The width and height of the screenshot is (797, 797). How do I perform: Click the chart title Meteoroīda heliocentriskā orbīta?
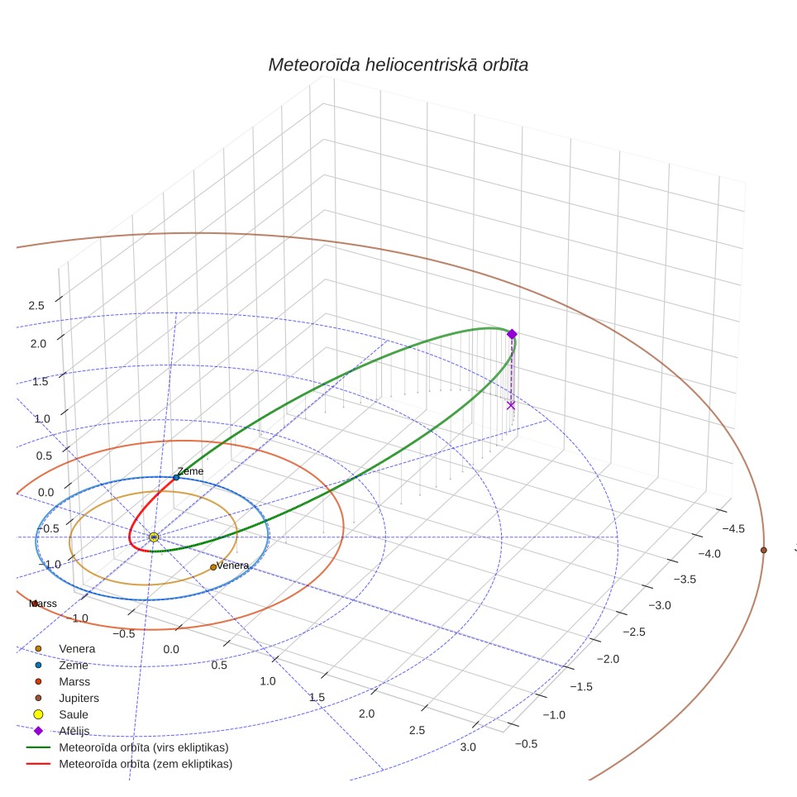(x=398, y=65)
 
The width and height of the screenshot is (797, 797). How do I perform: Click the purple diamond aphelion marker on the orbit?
(x=512, y=334)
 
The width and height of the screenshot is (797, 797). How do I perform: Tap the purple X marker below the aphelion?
(x=511, y=405)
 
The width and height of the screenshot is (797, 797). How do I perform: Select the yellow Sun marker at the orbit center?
(x=154, y=537)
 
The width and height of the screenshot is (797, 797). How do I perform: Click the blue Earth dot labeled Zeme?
(x=176, y=477)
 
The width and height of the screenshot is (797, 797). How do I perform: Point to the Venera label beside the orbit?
(x=232, y=566)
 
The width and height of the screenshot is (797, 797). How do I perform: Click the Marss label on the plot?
(x=43, y=604)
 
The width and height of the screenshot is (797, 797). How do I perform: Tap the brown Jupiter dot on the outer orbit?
(x=763, y=550)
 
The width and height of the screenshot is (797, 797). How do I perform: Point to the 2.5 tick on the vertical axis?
(x=36, y=305)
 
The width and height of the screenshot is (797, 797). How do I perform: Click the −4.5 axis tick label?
(x=733, y=528)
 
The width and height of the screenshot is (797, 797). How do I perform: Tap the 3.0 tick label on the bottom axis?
(x=468, y=747)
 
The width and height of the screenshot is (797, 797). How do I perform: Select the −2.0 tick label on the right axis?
(x=608, y=659)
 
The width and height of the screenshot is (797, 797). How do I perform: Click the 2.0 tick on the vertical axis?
(x=38, y=344)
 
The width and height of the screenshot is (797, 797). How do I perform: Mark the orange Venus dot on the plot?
(x=213, y=567)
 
